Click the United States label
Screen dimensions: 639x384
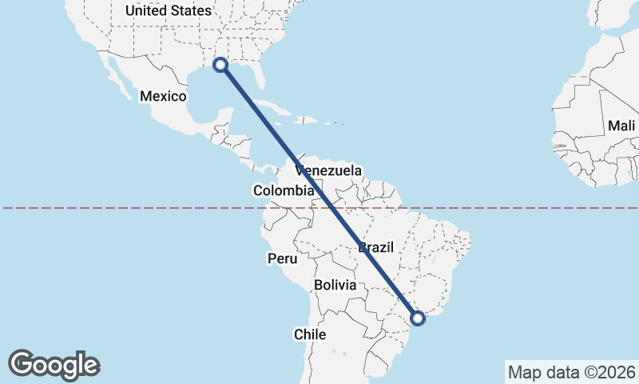tap(169, 11)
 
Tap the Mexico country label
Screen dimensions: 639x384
tap(163, 96)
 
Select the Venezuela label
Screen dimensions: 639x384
tap(328, 170)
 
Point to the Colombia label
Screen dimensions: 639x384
tap(284, 190)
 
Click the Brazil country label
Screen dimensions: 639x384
tap(376, 247)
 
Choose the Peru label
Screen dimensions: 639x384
tap(282, 258)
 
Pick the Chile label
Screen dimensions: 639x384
tap(310, 334)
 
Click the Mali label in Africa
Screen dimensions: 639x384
tap(621, 126)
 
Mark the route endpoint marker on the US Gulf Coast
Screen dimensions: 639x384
tap(220, 65)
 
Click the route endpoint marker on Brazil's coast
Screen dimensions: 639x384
tap(417, 318)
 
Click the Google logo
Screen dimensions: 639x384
tap(54, 364)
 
